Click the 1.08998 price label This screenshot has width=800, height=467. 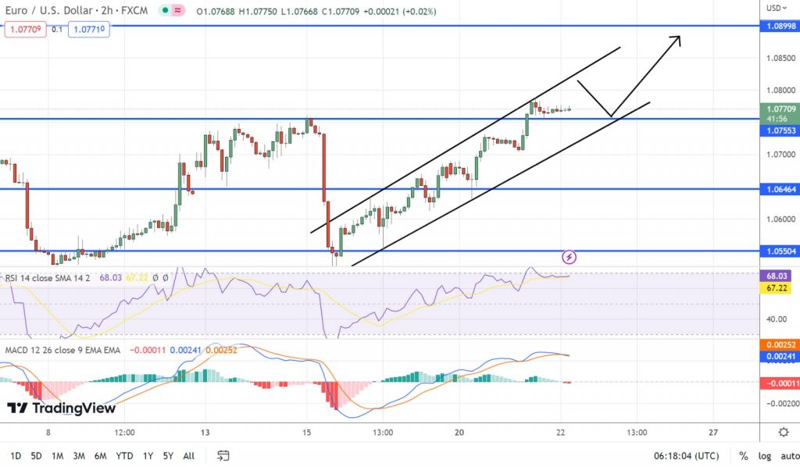coord(780,25)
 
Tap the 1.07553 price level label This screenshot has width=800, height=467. coord(780,130)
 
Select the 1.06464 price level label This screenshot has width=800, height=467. coord(780,189)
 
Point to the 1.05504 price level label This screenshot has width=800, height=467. coord(780,251)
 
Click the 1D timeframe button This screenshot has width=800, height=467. coord(16,455)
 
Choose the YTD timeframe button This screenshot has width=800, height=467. coord(123,455)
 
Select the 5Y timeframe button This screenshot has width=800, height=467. coord(169,455)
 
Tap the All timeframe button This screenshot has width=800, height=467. coord(189,455)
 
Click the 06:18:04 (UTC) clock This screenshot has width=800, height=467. coord(686,455)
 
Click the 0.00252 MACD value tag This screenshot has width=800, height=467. coord(780,344)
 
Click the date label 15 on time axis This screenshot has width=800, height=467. coord(306,432)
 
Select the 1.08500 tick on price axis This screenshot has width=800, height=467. coord(780,58)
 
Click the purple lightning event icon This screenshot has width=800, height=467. coord(570,256)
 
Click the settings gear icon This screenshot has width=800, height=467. coord(783,432)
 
